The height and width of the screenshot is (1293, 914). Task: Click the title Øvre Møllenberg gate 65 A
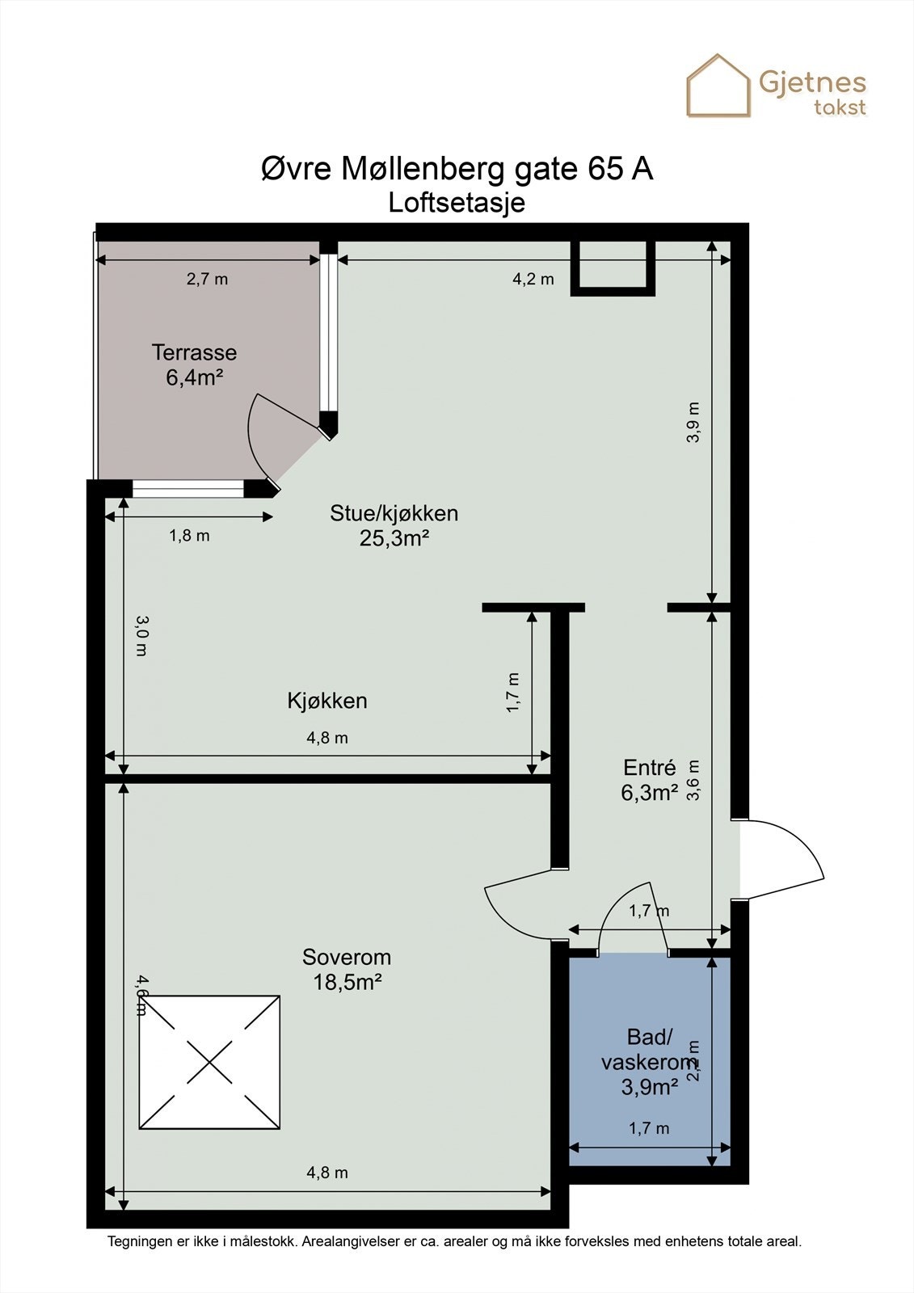click(x=457, y=169)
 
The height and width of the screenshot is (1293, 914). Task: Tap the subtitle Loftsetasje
click(x=457, y=202)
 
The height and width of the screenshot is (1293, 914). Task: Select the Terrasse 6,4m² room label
click(x=194, y=364)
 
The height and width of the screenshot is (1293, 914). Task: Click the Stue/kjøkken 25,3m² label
click(x=394, y=525)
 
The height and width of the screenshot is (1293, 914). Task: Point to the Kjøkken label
click(x=327, y=701)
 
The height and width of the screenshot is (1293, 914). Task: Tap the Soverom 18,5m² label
click(x=347, y=969)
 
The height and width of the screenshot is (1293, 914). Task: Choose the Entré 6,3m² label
click(x=649, y=780)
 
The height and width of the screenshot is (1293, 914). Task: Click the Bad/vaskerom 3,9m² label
click(x=649, y=1062)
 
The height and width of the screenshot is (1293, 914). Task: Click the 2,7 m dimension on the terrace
click(x=207, y=280)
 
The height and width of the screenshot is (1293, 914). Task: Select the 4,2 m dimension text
click(x=533, y=280)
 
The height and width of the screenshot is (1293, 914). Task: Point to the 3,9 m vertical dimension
click(x=693, y=422)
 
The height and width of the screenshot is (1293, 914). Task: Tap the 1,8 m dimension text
click(x=189, y=536)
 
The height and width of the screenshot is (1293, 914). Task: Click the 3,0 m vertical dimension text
click(x=141, y=635)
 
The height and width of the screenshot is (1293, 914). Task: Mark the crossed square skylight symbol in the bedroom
click(x=209, y=1062)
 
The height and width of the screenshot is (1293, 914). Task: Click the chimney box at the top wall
click(x=612, y=267)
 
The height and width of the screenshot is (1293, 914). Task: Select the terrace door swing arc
click(x=260, y=440)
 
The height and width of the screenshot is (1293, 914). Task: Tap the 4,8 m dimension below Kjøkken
click(x=327, y=738)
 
